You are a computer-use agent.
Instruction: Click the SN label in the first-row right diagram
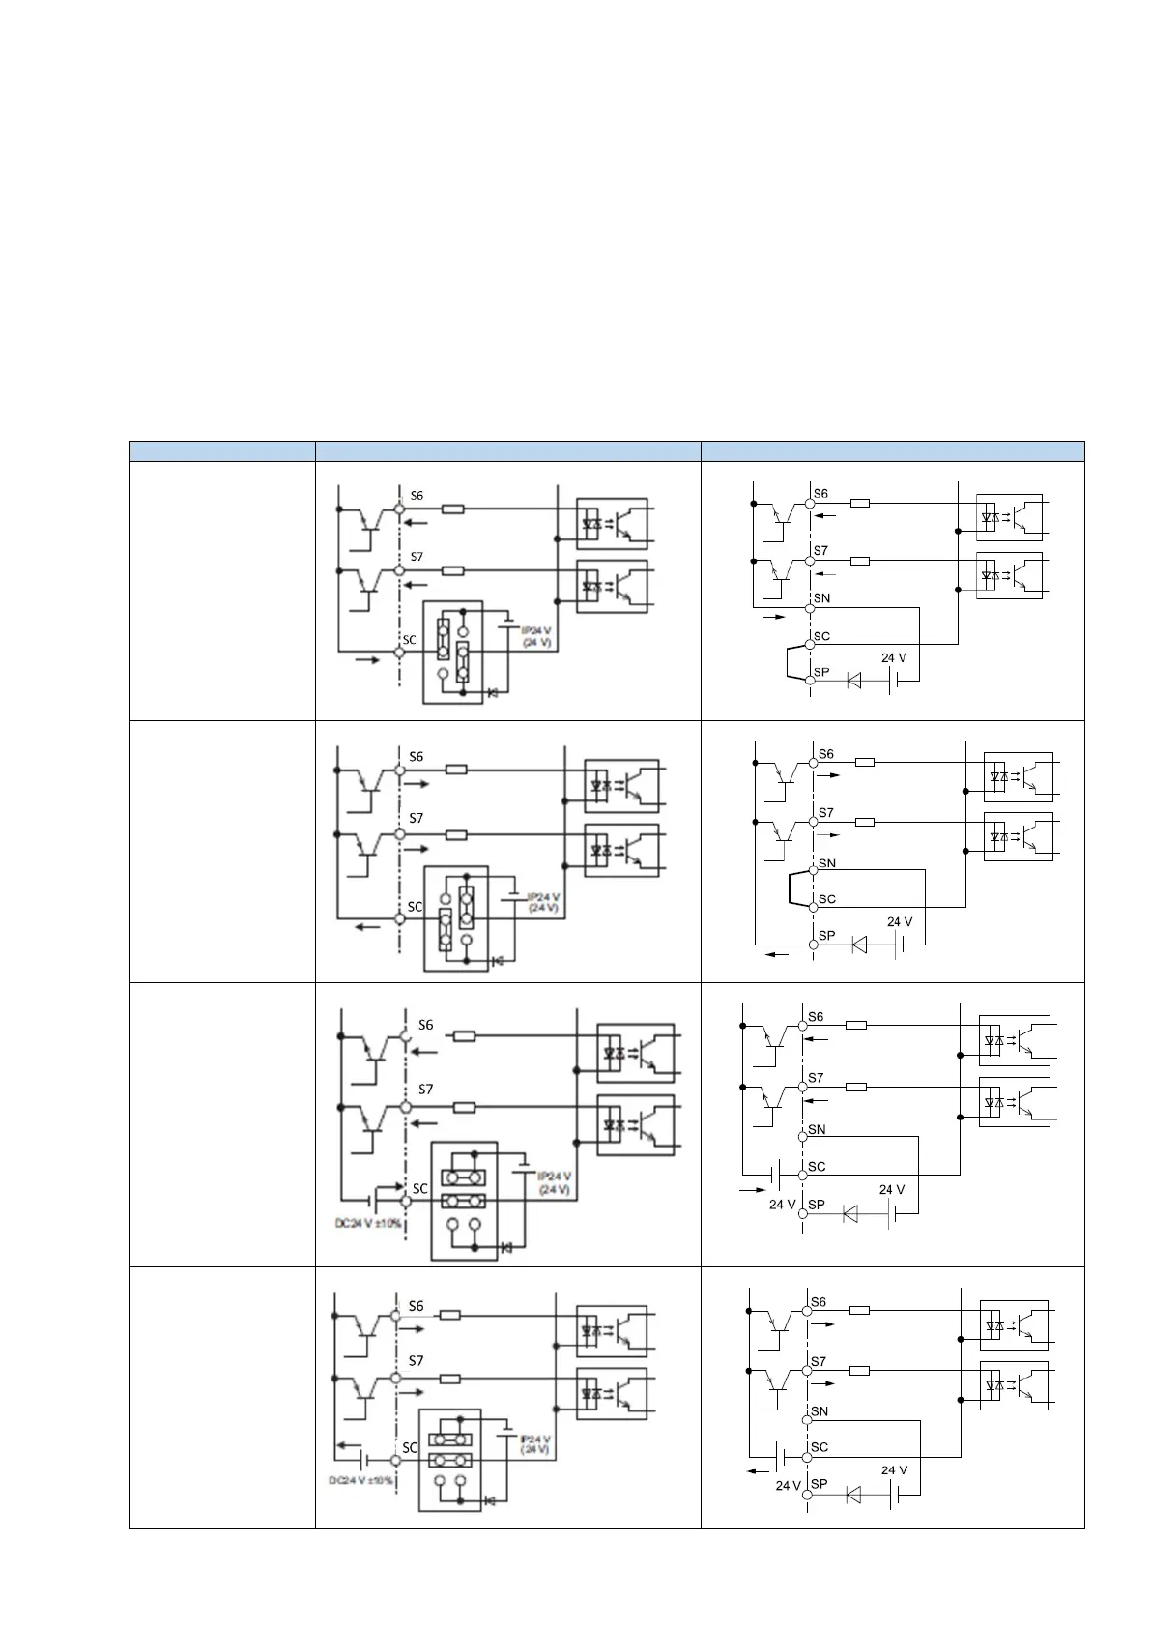822,598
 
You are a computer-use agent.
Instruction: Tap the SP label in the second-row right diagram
827,935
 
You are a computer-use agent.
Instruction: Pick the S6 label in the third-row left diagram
426,1025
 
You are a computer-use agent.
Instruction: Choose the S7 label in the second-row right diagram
826,812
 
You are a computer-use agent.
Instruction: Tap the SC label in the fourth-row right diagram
820,1447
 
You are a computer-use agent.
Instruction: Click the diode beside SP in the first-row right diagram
853,681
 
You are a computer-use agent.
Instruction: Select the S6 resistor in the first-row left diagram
453,509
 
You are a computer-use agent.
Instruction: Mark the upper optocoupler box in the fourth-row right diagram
1014,1324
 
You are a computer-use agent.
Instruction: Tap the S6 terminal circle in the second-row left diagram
399,770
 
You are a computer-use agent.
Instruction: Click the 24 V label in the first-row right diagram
894,657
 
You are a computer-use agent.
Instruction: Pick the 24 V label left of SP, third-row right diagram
783,1205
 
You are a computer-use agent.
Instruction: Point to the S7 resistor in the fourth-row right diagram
860,1371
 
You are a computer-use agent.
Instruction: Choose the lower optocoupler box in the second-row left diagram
622,849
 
